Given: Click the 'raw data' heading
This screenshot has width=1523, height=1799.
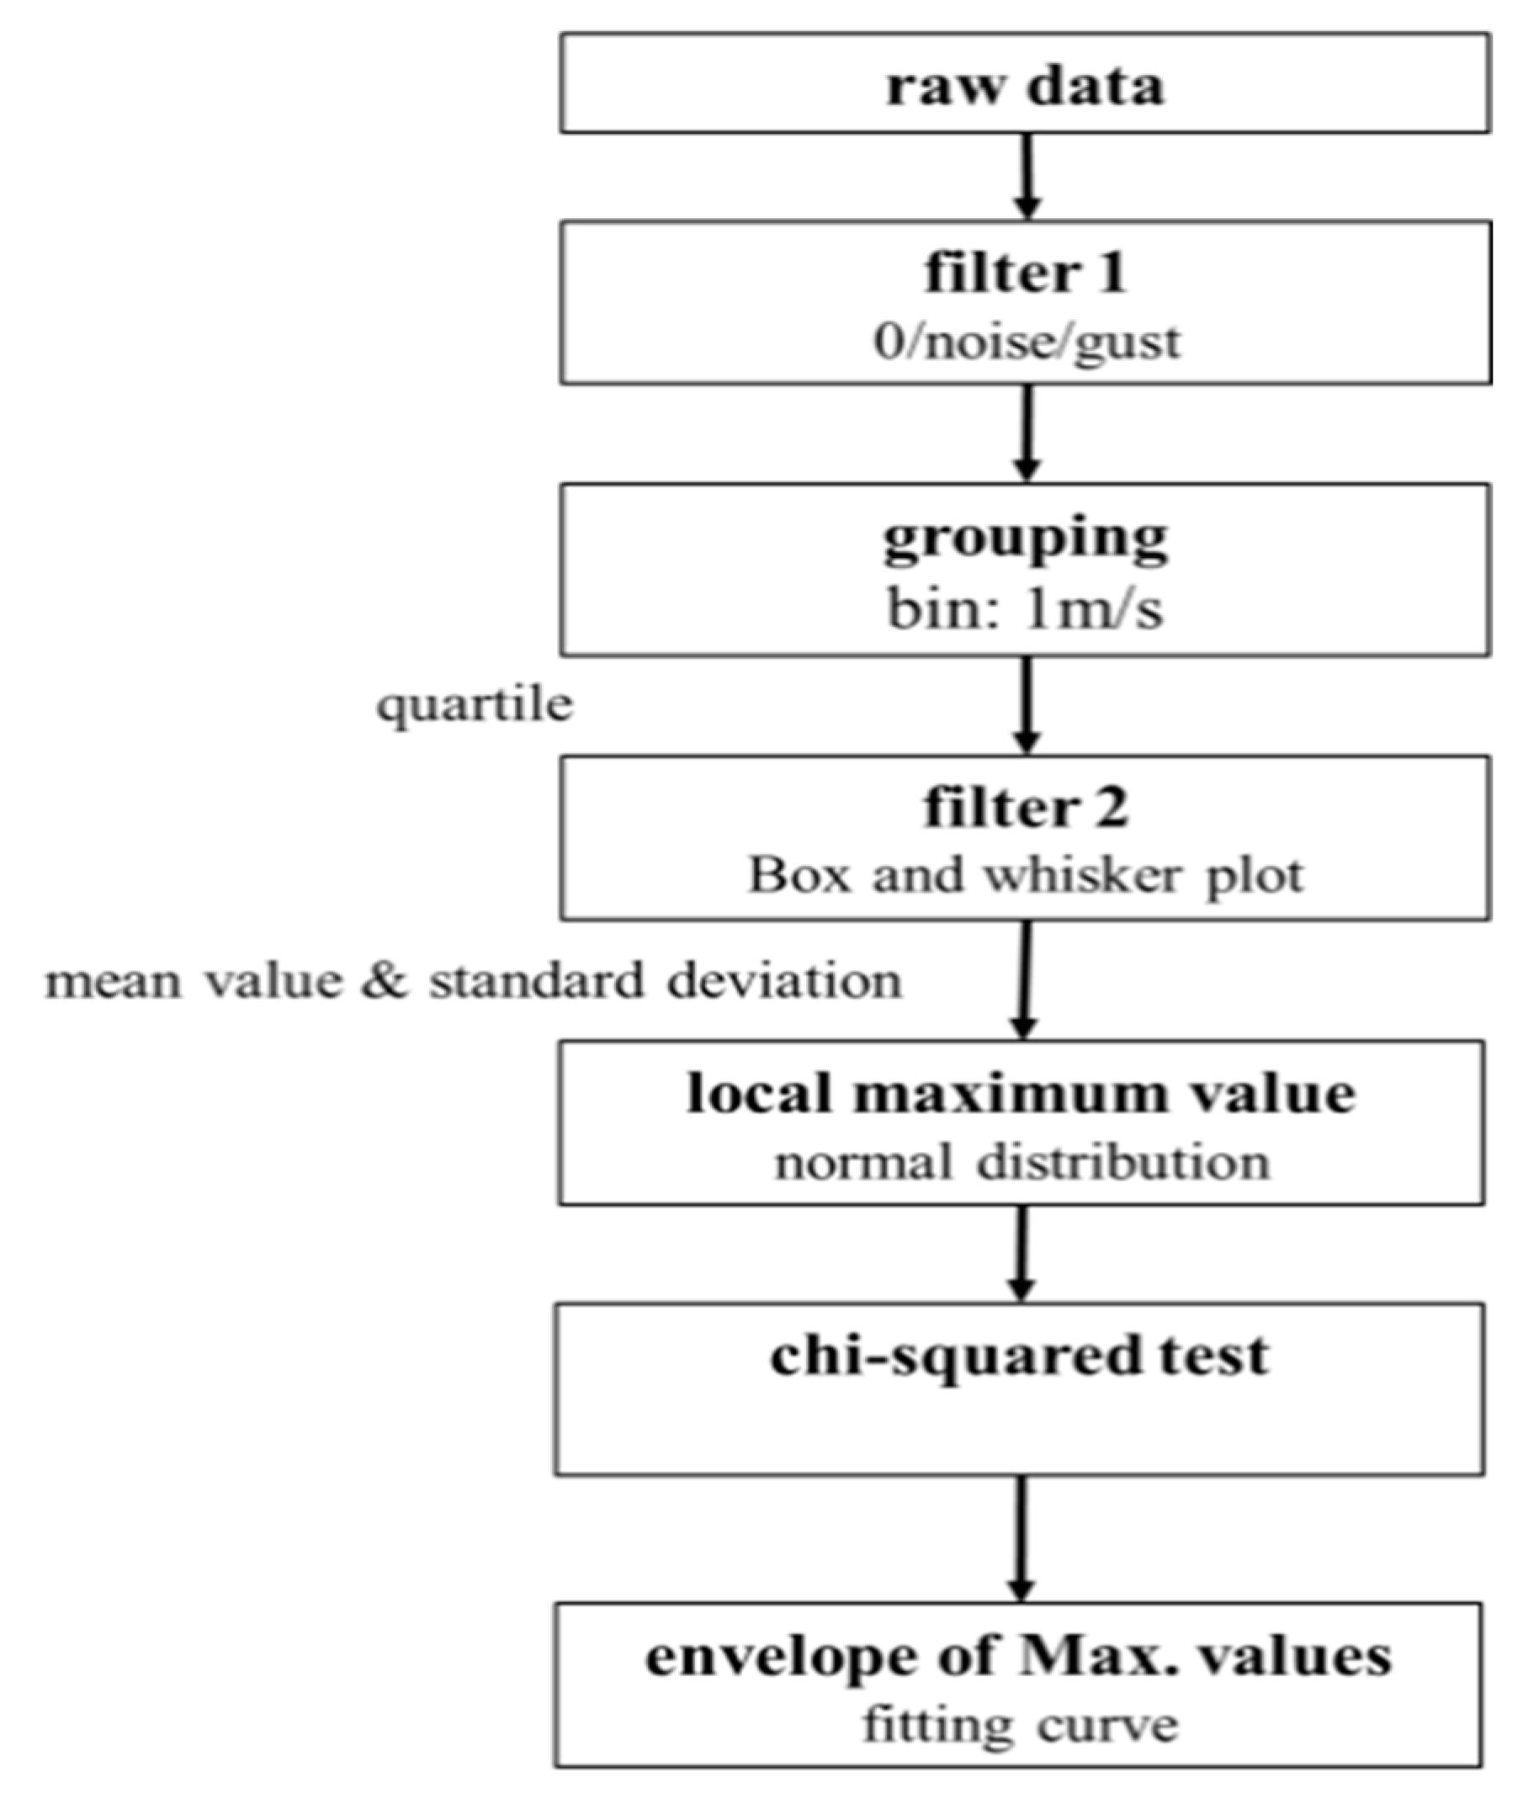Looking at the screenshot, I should click(1025, 87).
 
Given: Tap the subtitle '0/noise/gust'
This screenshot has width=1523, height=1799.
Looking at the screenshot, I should click(1026, 342).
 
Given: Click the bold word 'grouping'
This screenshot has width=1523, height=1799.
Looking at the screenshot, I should click(1025, 539).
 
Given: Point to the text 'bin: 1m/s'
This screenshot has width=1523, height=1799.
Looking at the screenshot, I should click(1025, 609).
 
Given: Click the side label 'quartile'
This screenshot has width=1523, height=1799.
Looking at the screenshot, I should click(475, 705).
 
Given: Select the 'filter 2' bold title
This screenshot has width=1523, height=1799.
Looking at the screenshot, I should click(1025, 808).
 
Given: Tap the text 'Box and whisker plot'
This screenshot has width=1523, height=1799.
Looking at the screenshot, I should click(1025, 875).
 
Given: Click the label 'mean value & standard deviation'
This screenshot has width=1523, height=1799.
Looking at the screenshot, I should click(473, 981).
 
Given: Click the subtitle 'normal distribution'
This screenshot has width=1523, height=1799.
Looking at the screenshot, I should click(1022, 1162).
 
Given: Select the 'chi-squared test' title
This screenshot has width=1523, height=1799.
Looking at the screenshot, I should click(1020, 1356).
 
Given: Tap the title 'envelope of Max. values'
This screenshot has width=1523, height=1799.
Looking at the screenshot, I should click(1019, 1657).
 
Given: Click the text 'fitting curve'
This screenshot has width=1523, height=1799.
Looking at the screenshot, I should click(1020, 1726).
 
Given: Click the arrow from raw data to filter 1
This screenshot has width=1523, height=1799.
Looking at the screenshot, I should click(1026, 176).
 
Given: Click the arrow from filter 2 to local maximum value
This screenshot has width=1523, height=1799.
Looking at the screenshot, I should click(1024, 979).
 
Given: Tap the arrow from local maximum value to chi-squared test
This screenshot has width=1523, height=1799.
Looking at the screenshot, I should click(1022, 1253).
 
